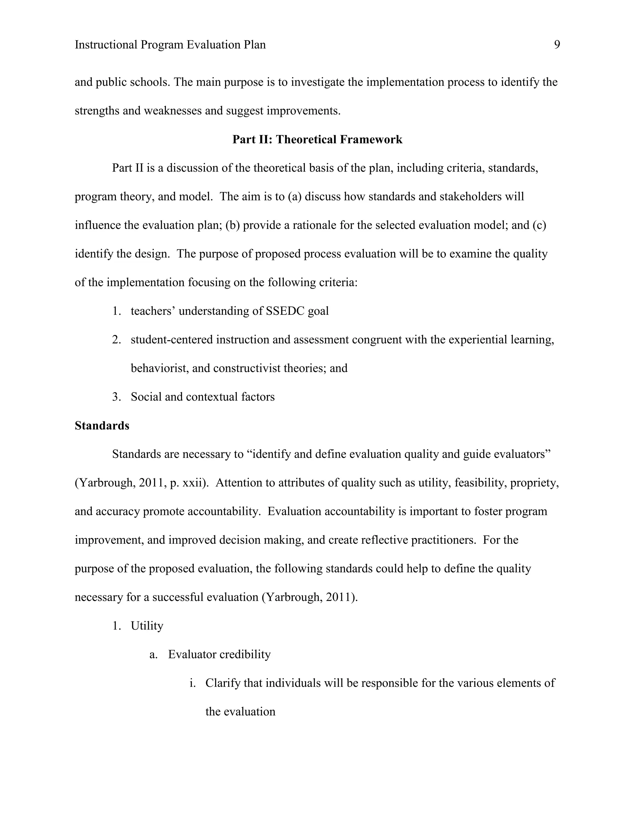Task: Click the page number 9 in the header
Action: [x=557, y=45]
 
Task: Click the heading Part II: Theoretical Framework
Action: [x=317, y=139]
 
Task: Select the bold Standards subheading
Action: [x=102, y=426]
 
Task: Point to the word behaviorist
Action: [x=159, y=368]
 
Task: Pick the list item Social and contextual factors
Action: [x=202, y=397]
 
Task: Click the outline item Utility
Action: [x=147, y=626]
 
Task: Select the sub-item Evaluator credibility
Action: [x=219, y=654]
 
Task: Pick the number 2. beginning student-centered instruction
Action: [x=116, y=340]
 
